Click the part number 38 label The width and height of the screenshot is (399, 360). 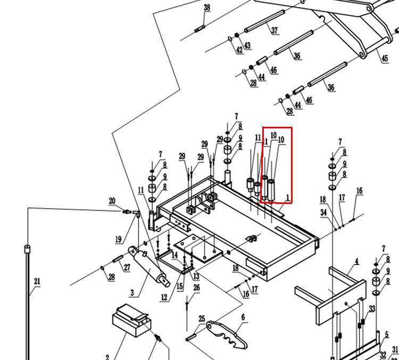(x=207, y=7)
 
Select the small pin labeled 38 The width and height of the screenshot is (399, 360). (x=200, y=29)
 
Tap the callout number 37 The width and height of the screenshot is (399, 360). (x=275, y=30)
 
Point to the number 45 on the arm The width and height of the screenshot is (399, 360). (x=385, y=58)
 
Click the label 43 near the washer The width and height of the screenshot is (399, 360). (x=247, y=46)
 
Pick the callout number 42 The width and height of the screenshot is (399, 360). (x=239, y=50)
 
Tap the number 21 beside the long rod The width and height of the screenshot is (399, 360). (x=37, y=281)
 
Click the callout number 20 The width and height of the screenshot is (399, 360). (x=112, y=201)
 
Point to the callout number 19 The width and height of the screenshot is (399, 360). (x=118, y=240)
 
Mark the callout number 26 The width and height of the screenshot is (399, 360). (x=196, y=288)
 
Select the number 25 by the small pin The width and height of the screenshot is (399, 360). (x=202, y=319)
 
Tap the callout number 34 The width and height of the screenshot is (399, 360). (x=323, y=212)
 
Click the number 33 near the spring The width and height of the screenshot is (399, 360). (x=372, y=309)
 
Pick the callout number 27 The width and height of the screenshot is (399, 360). (x=127, y=268)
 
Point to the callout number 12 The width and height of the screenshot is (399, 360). (x=164, y=297)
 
